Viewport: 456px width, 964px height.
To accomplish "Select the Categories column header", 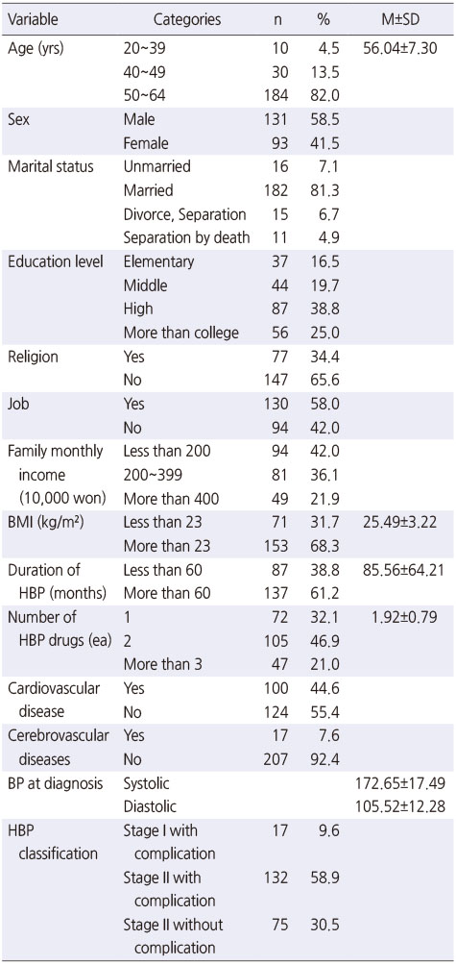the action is click(x=186, y=19).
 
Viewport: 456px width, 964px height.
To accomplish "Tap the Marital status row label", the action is click(x=50, y=166).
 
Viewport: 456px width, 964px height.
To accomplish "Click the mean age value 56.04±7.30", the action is click(x=396, y=49).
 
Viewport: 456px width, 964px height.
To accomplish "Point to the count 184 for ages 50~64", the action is click(x=276, y=96).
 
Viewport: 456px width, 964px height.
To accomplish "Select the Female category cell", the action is click(x=146, y=143).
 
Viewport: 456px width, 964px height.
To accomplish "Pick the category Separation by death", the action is click(x=186, y=238).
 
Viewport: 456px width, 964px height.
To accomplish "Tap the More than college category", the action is click(x=181, y=333).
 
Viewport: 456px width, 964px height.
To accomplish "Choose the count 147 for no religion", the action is click(x=276, y=381).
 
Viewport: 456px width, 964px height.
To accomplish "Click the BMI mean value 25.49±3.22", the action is click(x=399, y=523).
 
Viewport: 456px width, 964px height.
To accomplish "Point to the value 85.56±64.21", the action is click(x=399, y=570).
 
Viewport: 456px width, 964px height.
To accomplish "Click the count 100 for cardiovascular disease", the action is click(x=276, y=688).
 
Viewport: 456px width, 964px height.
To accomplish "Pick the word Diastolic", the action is click(x=147, y=807).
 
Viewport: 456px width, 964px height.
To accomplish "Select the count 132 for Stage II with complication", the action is click(x=276, y=877).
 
